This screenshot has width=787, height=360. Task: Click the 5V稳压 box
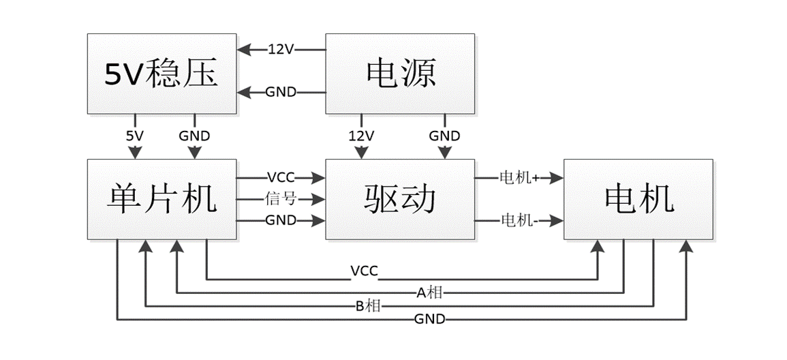coord(161,73)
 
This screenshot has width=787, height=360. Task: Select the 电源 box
coord(400,73)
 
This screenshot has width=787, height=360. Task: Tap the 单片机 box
coord(161,199)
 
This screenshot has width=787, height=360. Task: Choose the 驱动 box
coord(400,199)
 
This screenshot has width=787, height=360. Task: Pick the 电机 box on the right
coord(639,199)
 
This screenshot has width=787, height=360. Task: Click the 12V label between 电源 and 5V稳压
coord(281,49)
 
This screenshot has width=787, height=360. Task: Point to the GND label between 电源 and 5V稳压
coord(281,92)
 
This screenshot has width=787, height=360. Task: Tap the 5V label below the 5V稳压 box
coord(135,136)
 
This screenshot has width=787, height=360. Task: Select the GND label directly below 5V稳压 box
coord(194,136)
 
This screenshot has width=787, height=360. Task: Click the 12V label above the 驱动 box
coord(360,136)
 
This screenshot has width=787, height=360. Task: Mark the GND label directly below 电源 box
coord(444,136)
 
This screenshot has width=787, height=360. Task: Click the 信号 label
coord(281,199)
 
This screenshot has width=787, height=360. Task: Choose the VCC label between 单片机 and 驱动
coord(281,178)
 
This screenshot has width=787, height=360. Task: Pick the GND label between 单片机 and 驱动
coord(281,220)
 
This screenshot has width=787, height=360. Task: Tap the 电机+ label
coord(519,178)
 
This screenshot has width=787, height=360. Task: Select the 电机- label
coord(519,220)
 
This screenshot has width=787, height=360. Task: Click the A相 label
coord(430,293)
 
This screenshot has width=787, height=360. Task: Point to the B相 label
coord(369,306)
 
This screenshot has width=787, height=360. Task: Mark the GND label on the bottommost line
coord(430,319)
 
